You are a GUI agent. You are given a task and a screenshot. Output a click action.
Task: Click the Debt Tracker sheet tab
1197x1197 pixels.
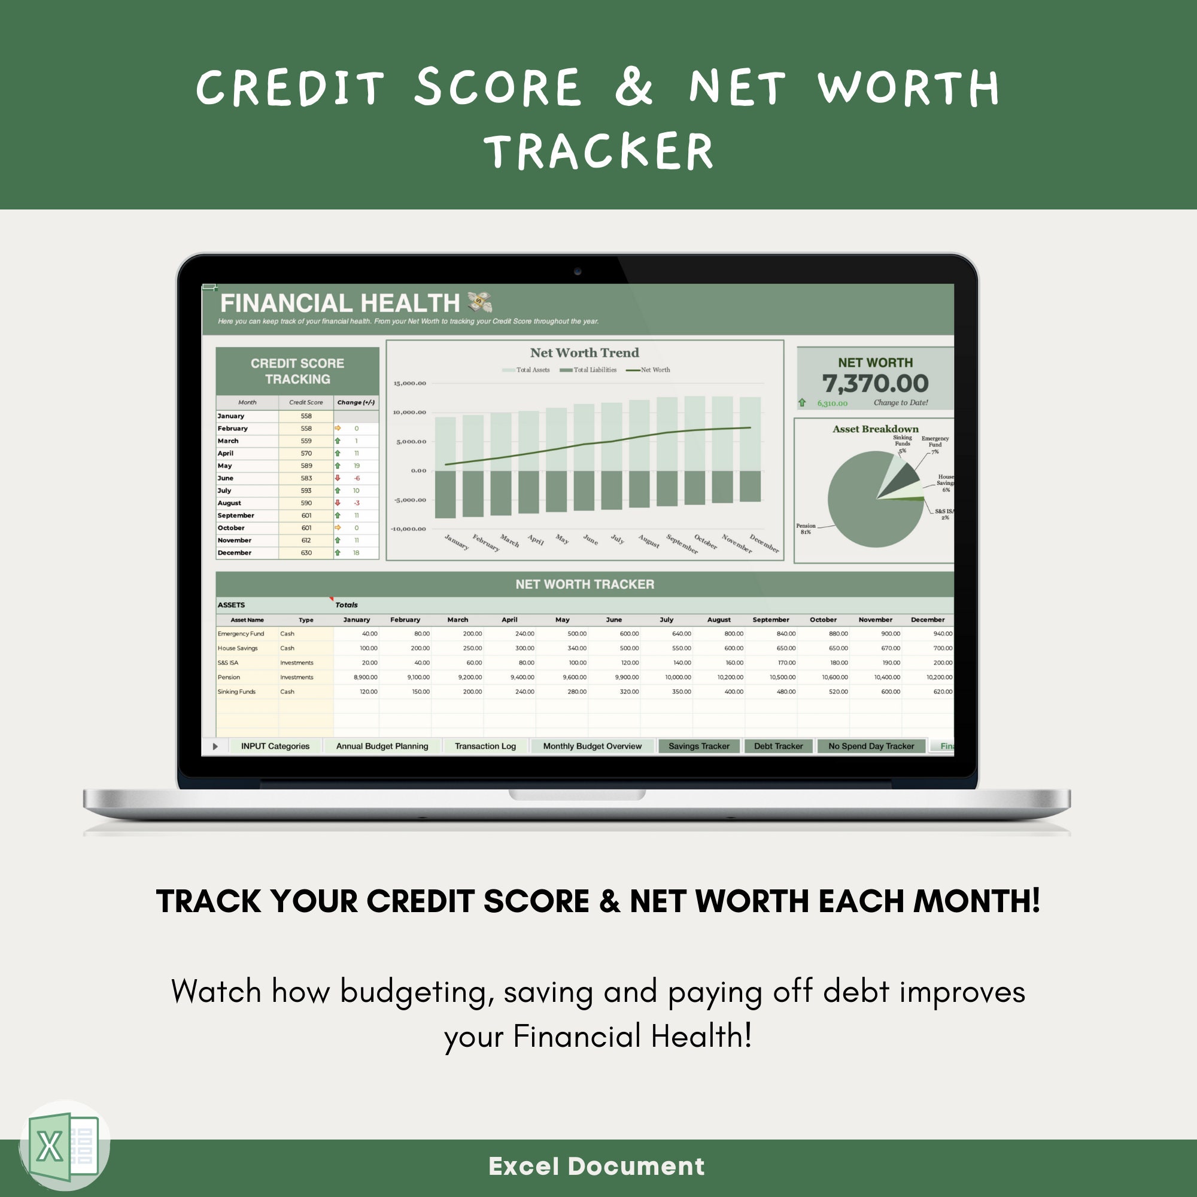click(778, 746)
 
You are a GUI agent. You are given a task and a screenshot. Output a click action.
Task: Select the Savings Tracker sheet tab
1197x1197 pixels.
click(699, 746)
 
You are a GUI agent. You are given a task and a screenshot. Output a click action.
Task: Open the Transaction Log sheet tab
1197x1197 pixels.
click(485, 746)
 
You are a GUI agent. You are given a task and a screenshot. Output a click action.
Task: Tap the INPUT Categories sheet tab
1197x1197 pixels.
click(275, 746)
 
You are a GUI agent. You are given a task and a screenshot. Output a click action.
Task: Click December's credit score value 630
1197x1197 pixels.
click(306, 552)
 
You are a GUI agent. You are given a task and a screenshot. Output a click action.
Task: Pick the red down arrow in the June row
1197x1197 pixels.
click(338, 478)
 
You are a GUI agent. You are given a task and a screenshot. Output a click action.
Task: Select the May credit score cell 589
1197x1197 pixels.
click(306, 466)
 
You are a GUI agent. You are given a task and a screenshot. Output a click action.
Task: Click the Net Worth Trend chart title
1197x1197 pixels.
click(584, 353)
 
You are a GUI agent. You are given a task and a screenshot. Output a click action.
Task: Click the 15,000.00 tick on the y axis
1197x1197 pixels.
click(409, 384)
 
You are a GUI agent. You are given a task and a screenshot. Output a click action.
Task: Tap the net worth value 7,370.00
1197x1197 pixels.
click(875, 384)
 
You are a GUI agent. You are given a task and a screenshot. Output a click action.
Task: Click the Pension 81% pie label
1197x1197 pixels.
click(806, 528)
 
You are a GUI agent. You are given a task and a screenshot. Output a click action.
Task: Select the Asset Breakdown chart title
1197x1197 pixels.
click(875, 429)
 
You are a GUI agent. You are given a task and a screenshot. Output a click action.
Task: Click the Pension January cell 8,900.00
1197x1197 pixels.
click(366, 677)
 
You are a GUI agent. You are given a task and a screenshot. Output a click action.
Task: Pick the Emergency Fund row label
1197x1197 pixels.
click(241, 634)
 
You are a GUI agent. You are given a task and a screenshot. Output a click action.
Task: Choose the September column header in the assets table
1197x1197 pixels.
click(771, 619)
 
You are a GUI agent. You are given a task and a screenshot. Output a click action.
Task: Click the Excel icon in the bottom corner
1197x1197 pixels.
click(65, 1146)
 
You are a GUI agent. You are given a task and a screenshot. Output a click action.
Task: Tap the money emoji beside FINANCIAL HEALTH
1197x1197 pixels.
click(479, 302)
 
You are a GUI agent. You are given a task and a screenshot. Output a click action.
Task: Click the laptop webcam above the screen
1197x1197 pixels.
click(578, 271)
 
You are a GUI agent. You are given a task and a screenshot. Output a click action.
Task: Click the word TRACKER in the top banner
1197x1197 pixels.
click(598, 151)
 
